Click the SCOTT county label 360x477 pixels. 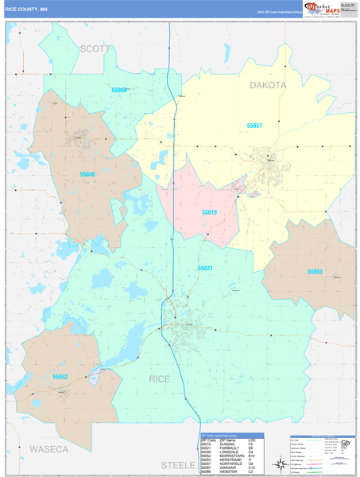[x=95, y=48]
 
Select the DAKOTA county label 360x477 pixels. [x=268, y=84]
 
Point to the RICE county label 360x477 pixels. [x=160, y=378]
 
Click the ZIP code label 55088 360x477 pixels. [x=119, y=91]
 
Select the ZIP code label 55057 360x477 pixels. [x=254, y=126]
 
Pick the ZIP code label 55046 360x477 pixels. [x=87, y=173]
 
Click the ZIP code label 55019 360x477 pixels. [x=208, y=212]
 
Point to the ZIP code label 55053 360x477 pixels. [x=315, y=271]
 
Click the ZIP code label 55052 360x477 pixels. [x=60, y=376]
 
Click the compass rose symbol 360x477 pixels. [x=281, y=464]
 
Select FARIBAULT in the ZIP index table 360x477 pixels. [x=228, y=447]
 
